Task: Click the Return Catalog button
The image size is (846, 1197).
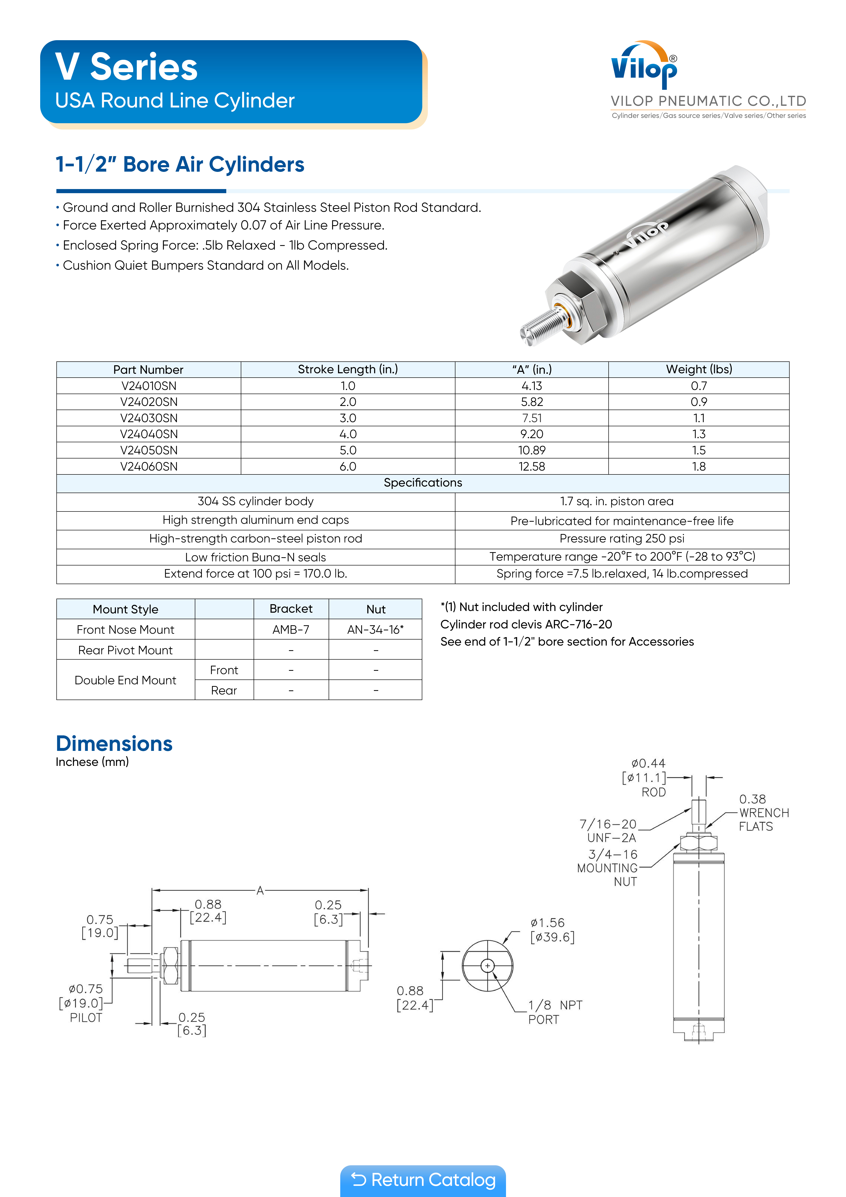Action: (423, 1180)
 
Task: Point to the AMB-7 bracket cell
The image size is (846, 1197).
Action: (291, 630)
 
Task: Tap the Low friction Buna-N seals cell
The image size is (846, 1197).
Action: (255, 557)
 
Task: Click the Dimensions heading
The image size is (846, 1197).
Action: (114, 743)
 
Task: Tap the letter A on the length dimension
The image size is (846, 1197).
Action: (260, 891)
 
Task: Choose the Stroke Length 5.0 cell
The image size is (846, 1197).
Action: (348, 450)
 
